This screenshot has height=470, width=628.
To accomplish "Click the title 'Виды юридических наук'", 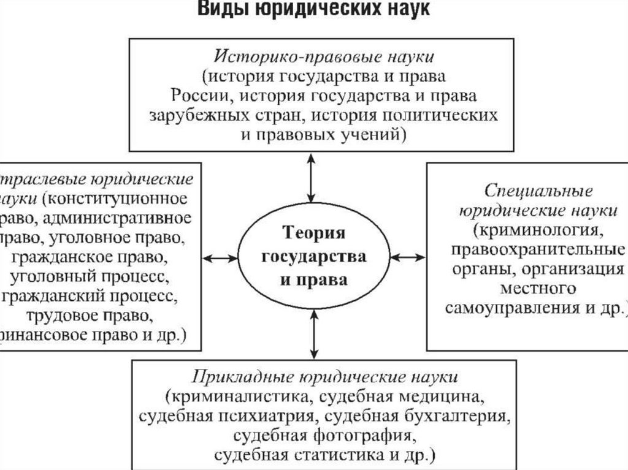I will (x=313, y=10).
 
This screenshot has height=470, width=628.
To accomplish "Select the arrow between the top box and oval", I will (x=312, y=177).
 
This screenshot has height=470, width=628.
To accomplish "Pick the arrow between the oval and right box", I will (x=407, y=256).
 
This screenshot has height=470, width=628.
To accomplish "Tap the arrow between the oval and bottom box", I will (x=314, y=334).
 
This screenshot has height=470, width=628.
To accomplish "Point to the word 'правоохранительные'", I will (x=537, y=251).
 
